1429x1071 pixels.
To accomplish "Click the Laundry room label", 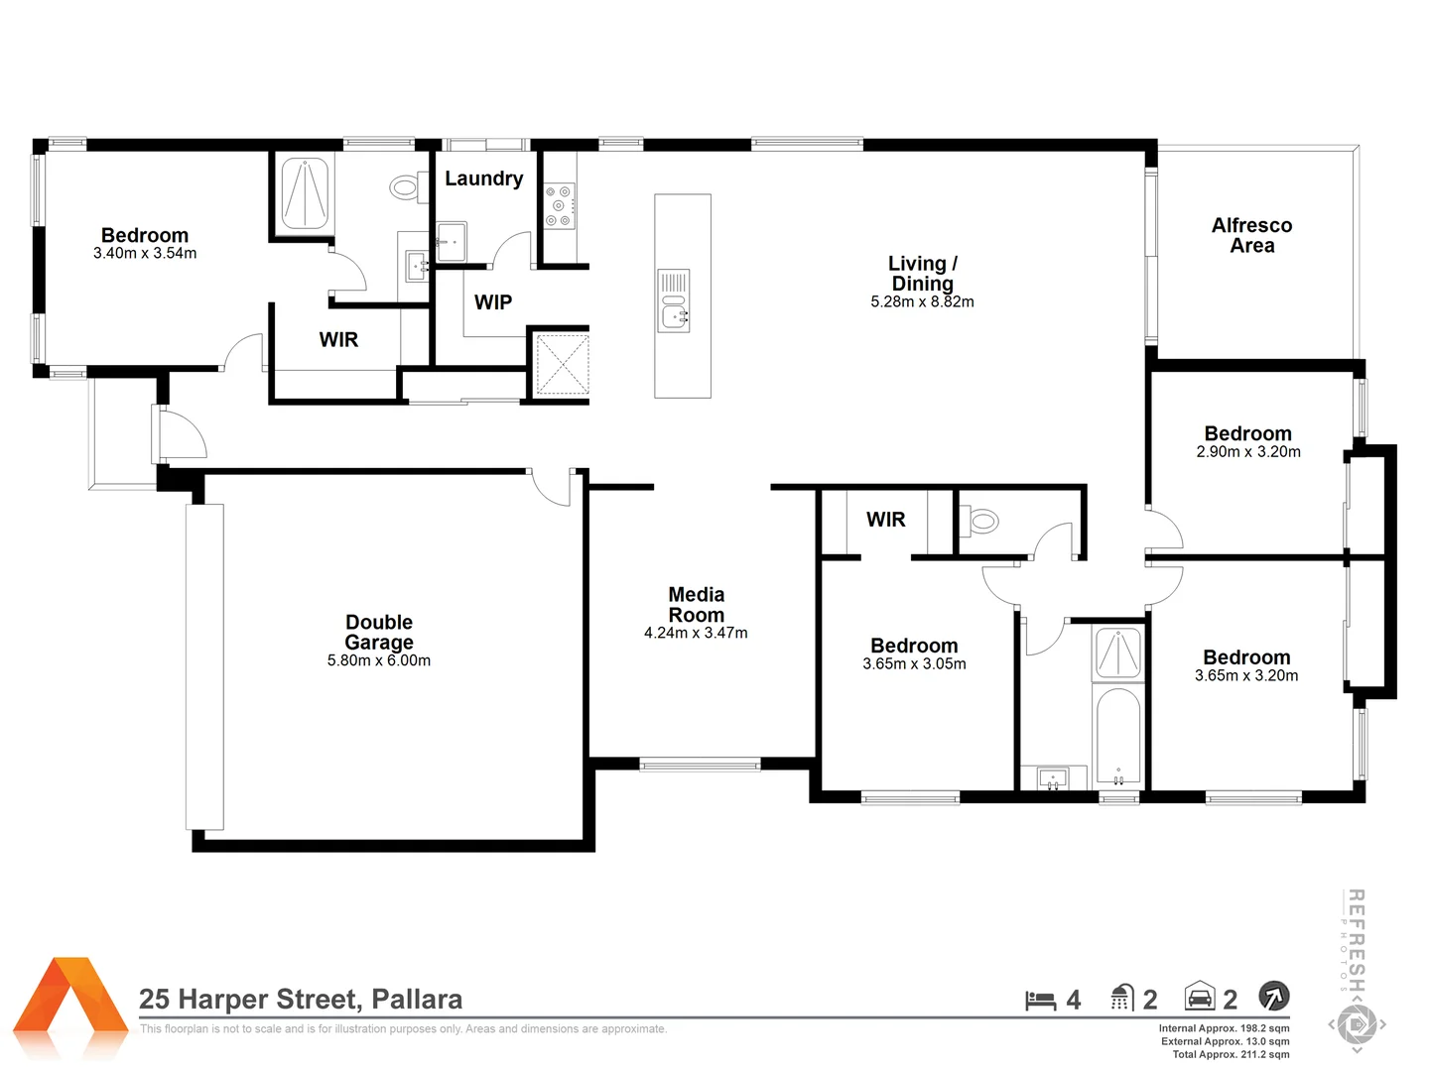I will click(483, 178).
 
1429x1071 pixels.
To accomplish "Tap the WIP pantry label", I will click(493, 302).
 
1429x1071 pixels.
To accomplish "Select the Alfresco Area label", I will click(1251, 236).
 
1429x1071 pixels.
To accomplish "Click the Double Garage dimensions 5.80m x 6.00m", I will click(379, 660).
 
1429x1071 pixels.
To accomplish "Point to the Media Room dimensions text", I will click(696, 633).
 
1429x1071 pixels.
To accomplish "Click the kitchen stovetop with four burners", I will click(559, 206).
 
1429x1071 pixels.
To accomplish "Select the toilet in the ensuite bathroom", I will click(404, 186).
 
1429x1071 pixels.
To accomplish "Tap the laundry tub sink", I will click(452, 241).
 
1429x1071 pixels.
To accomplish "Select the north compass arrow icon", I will click(1273, 996).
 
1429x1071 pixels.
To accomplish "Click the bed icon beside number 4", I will click(1040, 1001).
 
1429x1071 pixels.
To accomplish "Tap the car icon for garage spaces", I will click(1200, 997).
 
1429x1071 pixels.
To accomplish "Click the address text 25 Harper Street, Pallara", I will click(301, 999).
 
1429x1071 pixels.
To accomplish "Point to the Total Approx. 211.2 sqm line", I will click(1231, 1054).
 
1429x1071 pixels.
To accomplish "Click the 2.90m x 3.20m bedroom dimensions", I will click(1248, 452).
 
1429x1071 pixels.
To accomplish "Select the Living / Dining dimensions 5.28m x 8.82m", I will click(922, 302).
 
